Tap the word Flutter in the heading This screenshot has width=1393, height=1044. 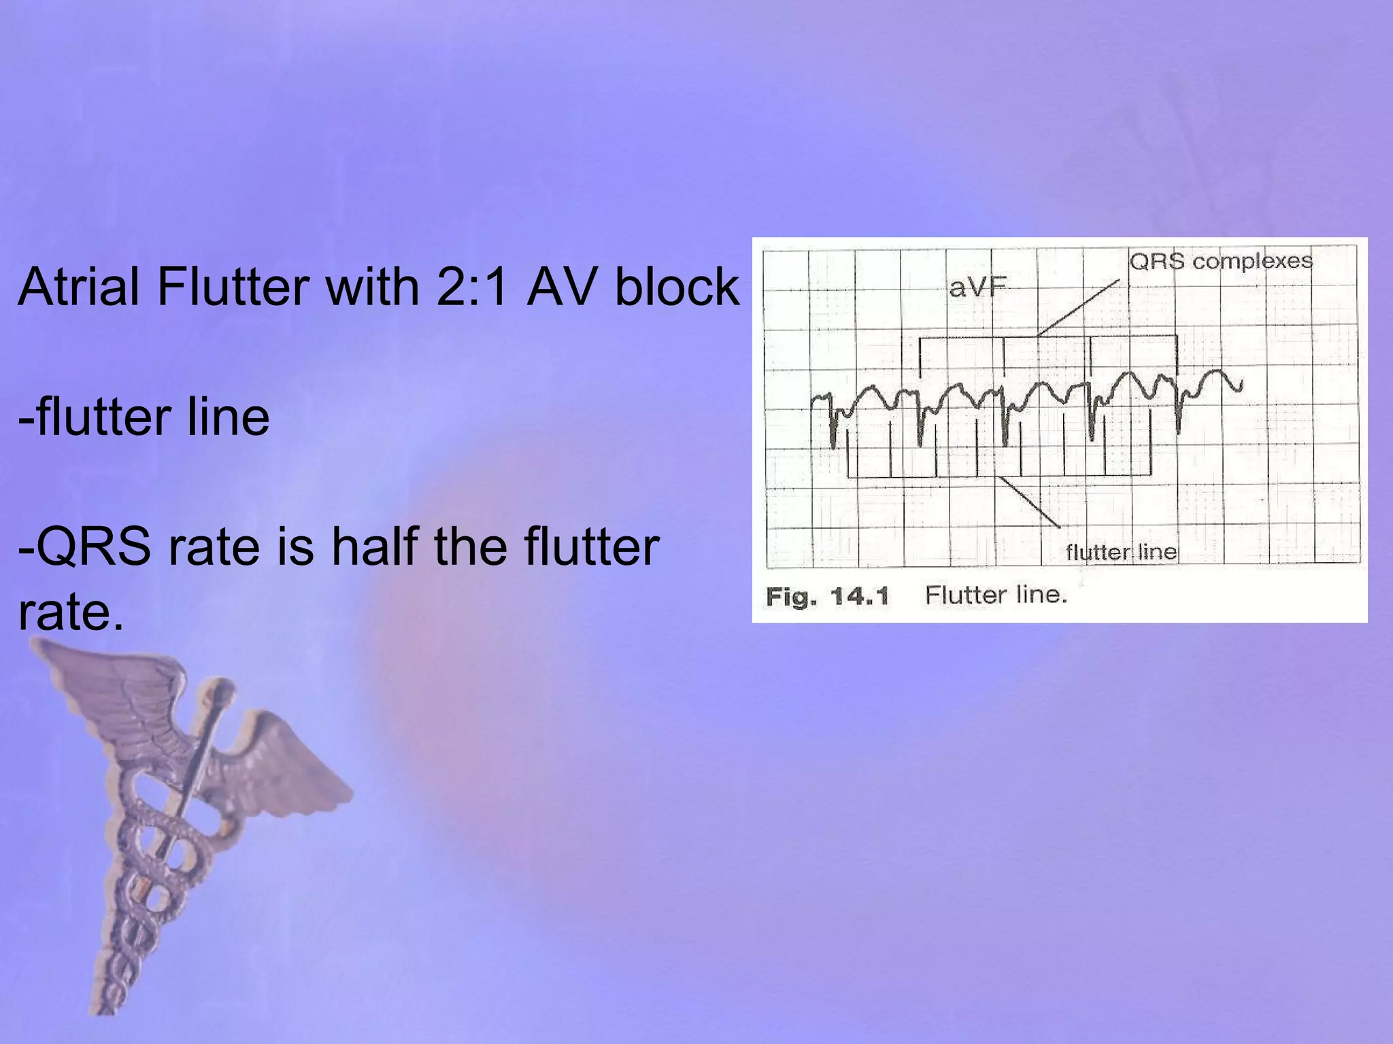tap(233, 287)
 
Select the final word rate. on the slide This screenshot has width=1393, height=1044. tap(71, 612)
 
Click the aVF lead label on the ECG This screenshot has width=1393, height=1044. tap(977, 288)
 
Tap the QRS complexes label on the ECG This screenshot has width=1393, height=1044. tap(1220, 261)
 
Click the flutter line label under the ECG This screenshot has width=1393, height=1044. tap(1120, 552)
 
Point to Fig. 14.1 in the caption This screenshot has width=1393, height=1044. tap(827, 597)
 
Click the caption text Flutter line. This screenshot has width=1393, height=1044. tap(996, 595)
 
